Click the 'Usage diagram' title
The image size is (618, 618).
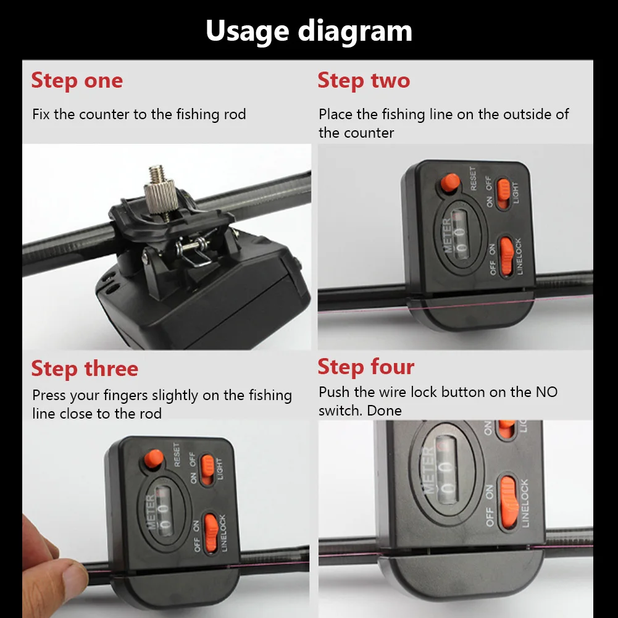309,31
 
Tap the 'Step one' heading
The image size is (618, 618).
77,80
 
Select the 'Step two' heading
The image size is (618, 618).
364,80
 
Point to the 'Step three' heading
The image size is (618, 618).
85,369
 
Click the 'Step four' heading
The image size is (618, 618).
365,367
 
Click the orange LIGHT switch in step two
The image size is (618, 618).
503,193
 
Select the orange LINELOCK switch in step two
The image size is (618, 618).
507,257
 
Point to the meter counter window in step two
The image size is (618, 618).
457,235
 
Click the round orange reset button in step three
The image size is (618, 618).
153,458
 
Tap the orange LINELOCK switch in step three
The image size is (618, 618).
211,533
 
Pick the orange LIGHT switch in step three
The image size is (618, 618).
207,469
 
